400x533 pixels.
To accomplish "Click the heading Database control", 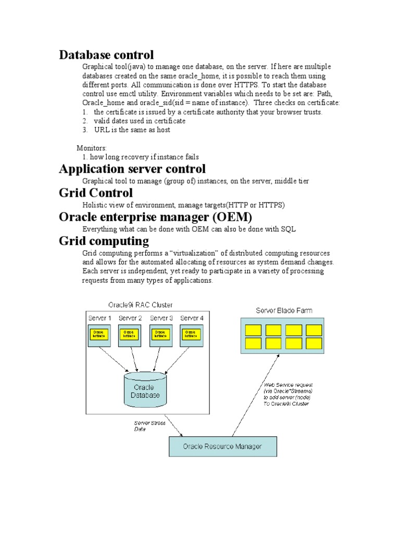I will coord(106,55).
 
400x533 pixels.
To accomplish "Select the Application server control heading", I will coord(132,169).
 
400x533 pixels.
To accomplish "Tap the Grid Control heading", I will coord(96,193).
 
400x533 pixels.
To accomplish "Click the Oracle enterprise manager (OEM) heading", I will coord(152,217).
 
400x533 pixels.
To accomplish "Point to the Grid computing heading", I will coord(104,241).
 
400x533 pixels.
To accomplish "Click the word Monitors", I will coord(92,148).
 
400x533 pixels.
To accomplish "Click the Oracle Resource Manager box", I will coord(222,446).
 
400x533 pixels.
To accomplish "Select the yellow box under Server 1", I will coord(98,334).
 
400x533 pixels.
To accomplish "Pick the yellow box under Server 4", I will coord(190,334).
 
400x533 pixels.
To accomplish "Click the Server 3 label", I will coord(161,318).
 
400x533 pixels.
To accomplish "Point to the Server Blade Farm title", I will coord(284,310).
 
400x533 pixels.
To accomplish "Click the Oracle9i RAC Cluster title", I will coord(140,304).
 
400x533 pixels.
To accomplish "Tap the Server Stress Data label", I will coord(149,426).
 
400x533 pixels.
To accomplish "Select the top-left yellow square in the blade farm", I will coord(253,330).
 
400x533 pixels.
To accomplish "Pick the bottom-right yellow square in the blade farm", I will coord(314,344).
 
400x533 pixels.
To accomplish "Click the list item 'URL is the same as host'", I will coord(132,130).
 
